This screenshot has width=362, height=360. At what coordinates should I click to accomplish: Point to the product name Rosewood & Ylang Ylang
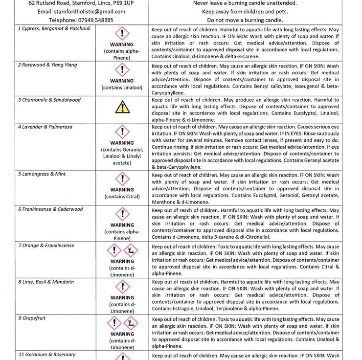click(x=47, y=65)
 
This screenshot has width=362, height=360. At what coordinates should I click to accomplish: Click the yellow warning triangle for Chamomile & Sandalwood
click(x=122, y=107)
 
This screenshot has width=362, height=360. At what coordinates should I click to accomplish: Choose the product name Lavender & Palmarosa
click(x=45, y=127)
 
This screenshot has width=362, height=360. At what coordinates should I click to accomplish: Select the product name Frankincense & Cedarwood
click(x=50, y=209)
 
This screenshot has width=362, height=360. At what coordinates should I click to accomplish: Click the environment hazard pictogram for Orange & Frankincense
click(x=131, y=251)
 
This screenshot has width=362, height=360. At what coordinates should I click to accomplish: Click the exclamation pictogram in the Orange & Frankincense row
click(x=114, y=251)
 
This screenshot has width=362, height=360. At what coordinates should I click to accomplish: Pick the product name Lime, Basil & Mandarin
click(x=48, y=282)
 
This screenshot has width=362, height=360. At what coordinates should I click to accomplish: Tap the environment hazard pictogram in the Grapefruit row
click(x=131, y=323)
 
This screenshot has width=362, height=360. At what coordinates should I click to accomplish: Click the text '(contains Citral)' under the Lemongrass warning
click(x=122, y=197)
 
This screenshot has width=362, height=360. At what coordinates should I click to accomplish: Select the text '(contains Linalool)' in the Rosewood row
click(x=122, y=88)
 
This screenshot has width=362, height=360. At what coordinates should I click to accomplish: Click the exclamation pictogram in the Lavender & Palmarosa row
click(x=122, y=132)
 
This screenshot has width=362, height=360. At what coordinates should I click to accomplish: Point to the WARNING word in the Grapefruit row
click(x=122, y=334)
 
